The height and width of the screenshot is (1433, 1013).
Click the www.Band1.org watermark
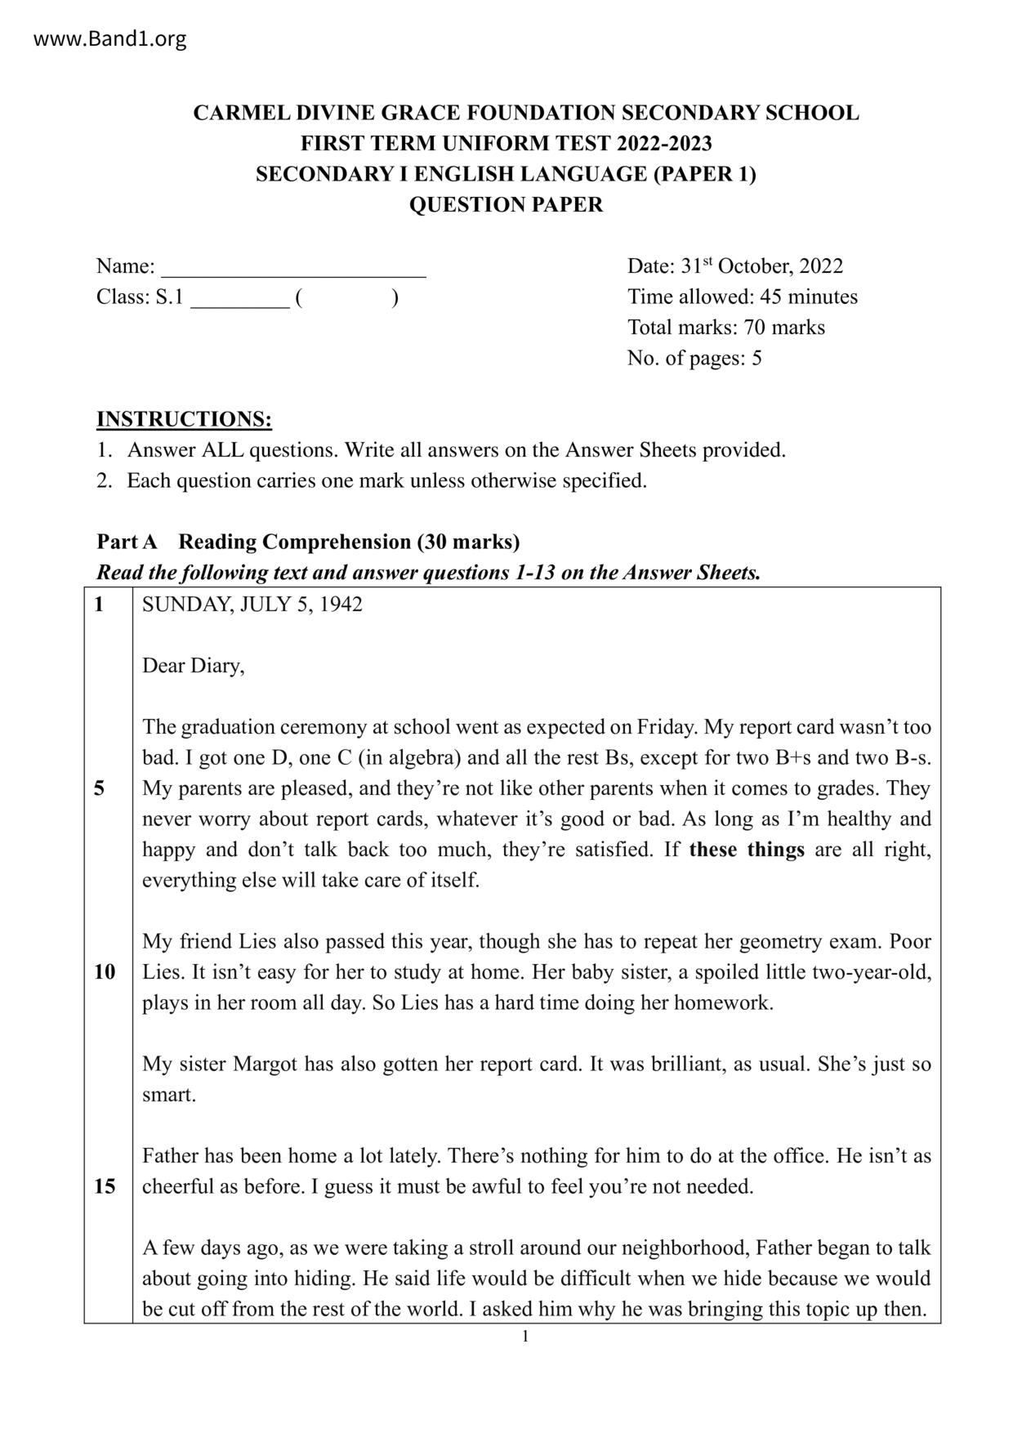pos(110,38)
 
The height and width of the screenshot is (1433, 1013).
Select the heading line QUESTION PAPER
pos(506,204)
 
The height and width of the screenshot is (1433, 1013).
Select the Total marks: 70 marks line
pos(725,328)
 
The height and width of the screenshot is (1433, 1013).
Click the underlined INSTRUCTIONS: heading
pos(184,419)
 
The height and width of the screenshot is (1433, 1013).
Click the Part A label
pos(127,542)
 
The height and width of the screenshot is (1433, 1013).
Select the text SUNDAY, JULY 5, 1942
pos(252,605)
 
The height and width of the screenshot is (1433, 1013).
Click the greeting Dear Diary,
pos(194,666)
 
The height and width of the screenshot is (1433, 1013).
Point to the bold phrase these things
pos(747,850)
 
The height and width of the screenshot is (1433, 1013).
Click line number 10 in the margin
pos(105,972)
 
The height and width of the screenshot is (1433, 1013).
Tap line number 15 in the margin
pos(105,1186)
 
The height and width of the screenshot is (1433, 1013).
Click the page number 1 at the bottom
pos(525,1337)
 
